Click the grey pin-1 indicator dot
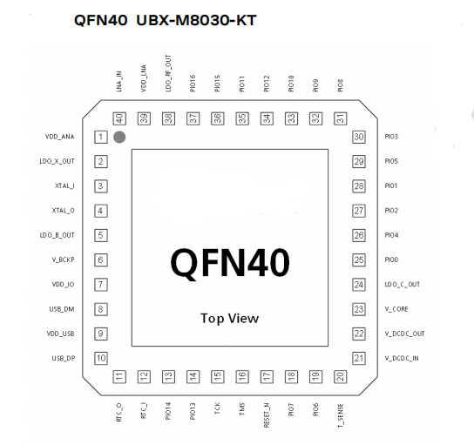point(119,137)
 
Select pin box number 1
point(101,137)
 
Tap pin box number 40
point(119,118)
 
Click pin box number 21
point(359,358)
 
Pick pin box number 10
point(101,358)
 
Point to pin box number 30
point(359,137)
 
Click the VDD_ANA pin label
point(59,137)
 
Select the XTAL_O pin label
point(63,211)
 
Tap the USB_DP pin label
point(64,358)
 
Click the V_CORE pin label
point(396,309)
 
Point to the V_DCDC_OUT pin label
point(404,334)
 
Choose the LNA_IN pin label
point(118,82)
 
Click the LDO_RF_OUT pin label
point(168,73)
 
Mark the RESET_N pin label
point(267,415)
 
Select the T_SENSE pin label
point(341,415)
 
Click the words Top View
point(230,319)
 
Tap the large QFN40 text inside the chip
point(230,263)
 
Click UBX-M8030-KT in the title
point(196,21)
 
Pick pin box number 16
point(242,377)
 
